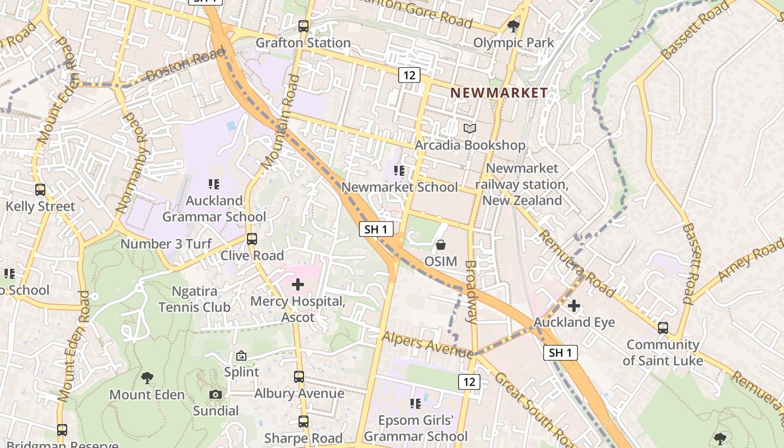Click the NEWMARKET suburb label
pyautogui.click(x=499, y=93)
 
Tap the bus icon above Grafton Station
pyautogui.click(x=304, y=26)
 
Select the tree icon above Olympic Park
pyautogui.click(x=513, y=26)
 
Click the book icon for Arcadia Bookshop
pyautogui.click(x=470, y=129)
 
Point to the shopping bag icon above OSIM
pyautogui.click(x=441, y=245)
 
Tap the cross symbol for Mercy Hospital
pyautogui.click(x=298, y=285)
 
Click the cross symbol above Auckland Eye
pyautogui.click(x=574, y=306)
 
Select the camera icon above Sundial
pyautogui.click(x=216, y=394)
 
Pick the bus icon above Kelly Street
pyautogui.click(x=40, y=190)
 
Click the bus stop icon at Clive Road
pyautogui.click(x=252, y=239)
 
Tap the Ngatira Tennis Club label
pyautogui.click(x=194, y=299)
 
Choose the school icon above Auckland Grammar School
pyautogui.click(x=213, y=184)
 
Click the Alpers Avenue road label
pyautogui.click(x=427, y=344)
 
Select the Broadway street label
pyautogui.click(x=472, y=292)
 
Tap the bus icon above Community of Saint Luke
pyautogui.click(x=663, y=328)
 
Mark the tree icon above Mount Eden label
pyautogui.click(x=147, y=377)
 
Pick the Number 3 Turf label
pyautogui.click(x=166, y=244)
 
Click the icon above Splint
pyautogui.click(x=241, y=356)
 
